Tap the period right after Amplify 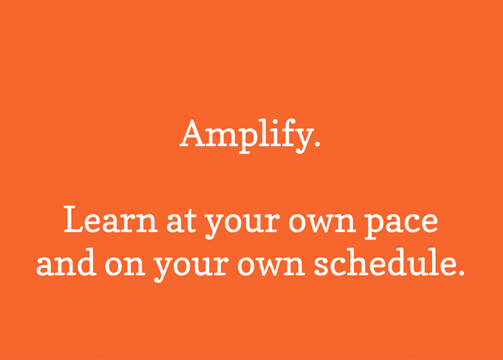pyautogui.click(x=317, y=143)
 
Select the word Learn pyautogui.click(x=111, y=220)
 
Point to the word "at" pyautogui.click(x=181, y=221)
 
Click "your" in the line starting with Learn pyautogui.click(x=242, y=225)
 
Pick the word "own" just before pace pyautogui.click(x=322, y=222)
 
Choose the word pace pyautogui.click(x=401, y=225)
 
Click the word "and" pyautogui.click(x=66, y=263)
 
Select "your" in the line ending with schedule pyautogui.click(x=192, y=269)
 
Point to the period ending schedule pyautogui.click(x=461, y=273)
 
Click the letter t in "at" pyautogui.click(x=190, y=221)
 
